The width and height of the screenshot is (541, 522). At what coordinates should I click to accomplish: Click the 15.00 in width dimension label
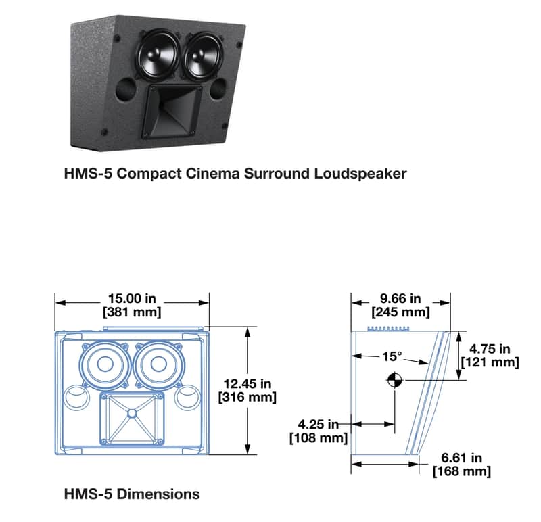[132, 305]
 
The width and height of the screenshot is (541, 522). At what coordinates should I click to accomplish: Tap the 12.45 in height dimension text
[248, 390]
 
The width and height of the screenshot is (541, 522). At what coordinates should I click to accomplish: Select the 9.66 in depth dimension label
[400, 305]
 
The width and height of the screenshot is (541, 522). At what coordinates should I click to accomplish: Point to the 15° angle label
[392, 356]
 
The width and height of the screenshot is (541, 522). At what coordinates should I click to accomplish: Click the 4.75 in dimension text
[490, 356]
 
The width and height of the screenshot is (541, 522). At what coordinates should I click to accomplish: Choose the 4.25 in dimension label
[318, 431]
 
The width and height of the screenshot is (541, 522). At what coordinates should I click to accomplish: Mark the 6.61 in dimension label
[462, 465]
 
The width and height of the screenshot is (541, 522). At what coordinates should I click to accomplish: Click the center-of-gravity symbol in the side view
[395, 380]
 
